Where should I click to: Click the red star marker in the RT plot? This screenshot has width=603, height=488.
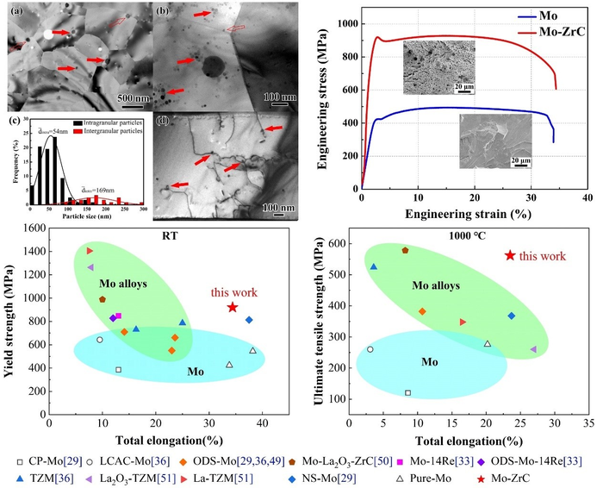[x=233, y=308]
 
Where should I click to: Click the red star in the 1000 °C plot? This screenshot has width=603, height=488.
[x=510, y=255]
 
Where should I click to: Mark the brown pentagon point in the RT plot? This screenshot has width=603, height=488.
[x=103, y=299]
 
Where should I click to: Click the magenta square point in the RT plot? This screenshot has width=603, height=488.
[x=118, y=316]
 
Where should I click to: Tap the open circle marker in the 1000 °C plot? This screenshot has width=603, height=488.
[x=370, y=349]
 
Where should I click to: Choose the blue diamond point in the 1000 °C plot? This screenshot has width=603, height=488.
[x=512, y=316]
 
